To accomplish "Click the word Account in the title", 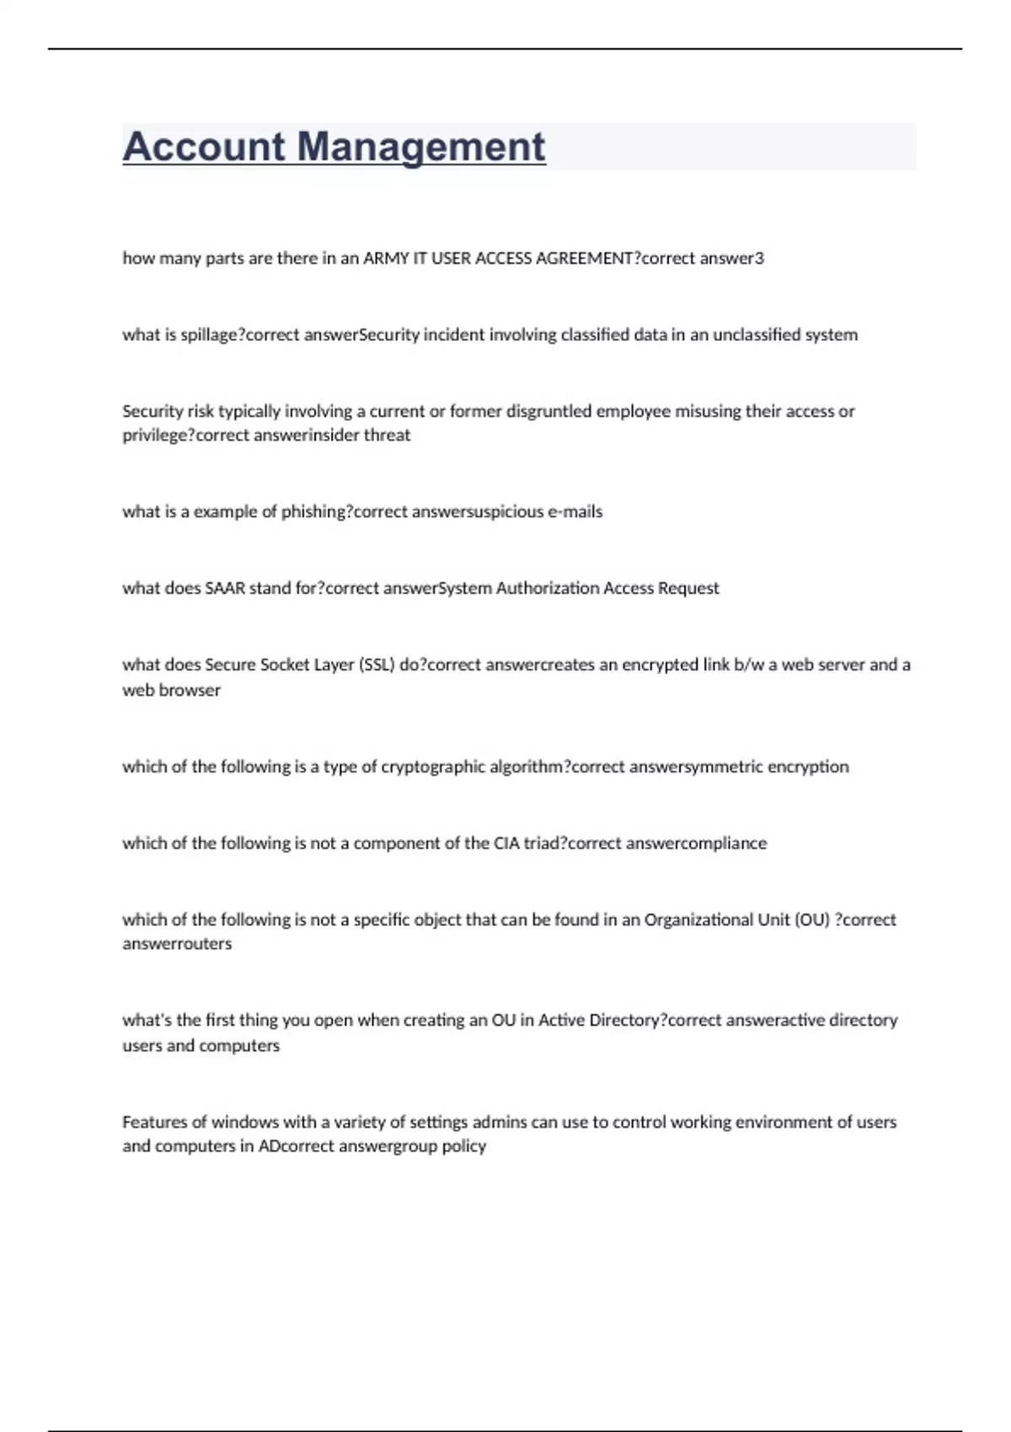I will pyautogui.click(x=204, y=147).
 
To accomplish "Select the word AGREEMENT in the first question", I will pyautogui.click(x=584, y=259).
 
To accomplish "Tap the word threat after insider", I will pyautogui.click(x=387, y=435).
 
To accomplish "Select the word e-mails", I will pyautogui.click(x=575, y=512).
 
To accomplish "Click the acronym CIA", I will pyautogui.click(x=506, y=843).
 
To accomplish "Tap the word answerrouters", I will pyautogui.click(x=177, y=944).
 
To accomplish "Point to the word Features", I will pyautogui.click(x=152, y=1122).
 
